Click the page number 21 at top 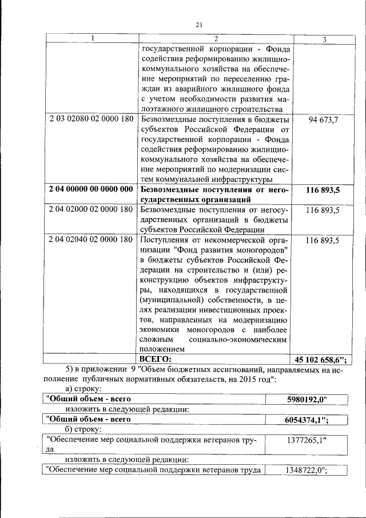click(x=199, y=24)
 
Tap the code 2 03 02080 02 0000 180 click(x=91, y=119)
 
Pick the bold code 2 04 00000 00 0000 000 click(x=91, y=189)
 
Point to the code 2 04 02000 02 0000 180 click(x=91, y=210)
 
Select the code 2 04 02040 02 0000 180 click(x=91, y=240)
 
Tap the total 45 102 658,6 click(x=320, y=359)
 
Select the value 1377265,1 click(x=305, y=440)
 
